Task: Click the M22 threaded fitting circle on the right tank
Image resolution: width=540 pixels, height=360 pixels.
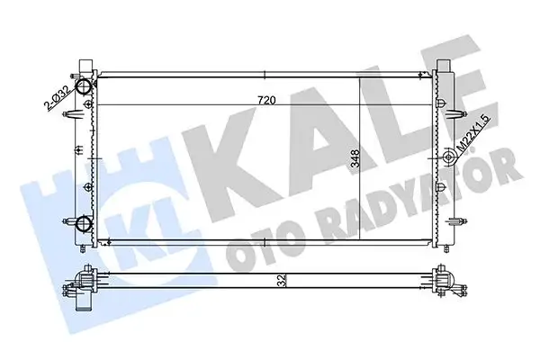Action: pyautogui.click(x=447, y=160)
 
